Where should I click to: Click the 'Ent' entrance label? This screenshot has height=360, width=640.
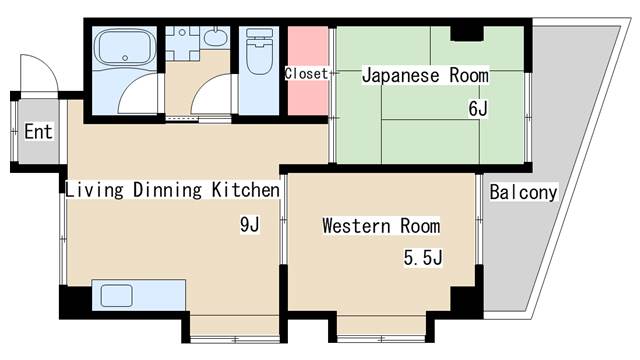click(x=38, y=132)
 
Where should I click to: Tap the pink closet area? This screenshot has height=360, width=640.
click(x=308, y=72)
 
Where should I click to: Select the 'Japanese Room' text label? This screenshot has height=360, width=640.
click(x=424, y=75)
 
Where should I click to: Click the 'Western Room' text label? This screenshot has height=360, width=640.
click(x=380, y=226)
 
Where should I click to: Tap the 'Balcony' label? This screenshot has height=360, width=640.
click(x=523, y=192)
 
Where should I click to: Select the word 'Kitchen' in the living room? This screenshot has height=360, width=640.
click(x=244, y=190)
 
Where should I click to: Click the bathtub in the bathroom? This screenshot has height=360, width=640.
click(x=122, y=47)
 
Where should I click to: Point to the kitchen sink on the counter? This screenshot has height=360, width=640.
click(x=115, y=297)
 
